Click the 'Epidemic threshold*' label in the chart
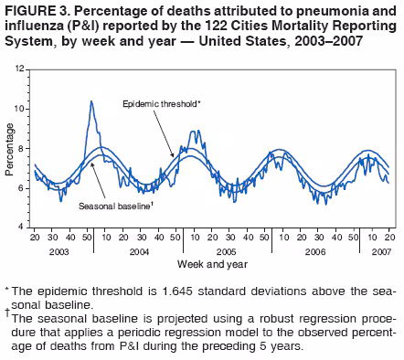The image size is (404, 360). coord(161,104)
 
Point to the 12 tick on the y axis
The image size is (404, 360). coord(19,69)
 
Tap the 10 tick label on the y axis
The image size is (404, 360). coord(19,109)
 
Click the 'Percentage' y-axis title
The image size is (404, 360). coord(8,148)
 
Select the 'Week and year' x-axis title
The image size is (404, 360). coord(212,264)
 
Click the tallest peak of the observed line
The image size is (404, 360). coord(91,101)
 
